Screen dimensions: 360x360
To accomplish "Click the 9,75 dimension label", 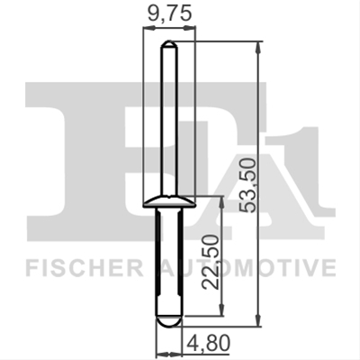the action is pos(169,14).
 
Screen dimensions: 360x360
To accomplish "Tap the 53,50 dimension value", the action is pos(249,186).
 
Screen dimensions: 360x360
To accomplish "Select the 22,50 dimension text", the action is pos(211,262).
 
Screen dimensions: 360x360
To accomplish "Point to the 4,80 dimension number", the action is pos(209,343).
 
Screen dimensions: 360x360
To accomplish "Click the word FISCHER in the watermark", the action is pos(84,268).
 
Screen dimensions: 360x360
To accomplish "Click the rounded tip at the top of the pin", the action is pos(169,44).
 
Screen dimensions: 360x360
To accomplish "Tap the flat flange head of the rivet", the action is pos(169,202).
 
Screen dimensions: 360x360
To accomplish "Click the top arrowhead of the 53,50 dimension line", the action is pos(258,48).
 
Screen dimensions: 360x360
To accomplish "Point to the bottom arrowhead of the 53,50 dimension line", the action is pos(258,320).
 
